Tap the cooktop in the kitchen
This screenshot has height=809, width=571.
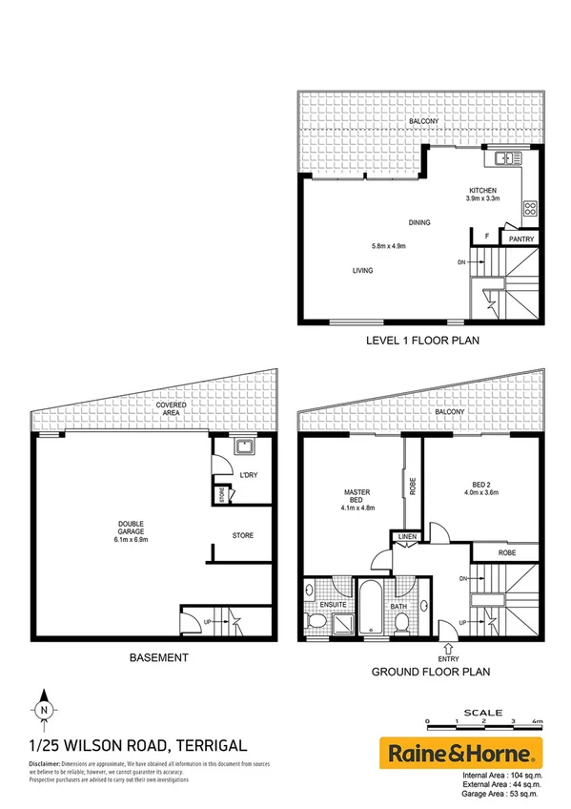(x=528, y=208)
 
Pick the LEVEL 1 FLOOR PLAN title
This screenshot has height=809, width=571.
(x=421, y=340)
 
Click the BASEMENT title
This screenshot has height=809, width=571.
(x=154, y=657)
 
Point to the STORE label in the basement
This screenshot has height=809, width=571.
(x=243, y=535)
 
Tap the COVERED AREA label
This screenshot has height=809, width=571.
(x=173, y=410)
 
